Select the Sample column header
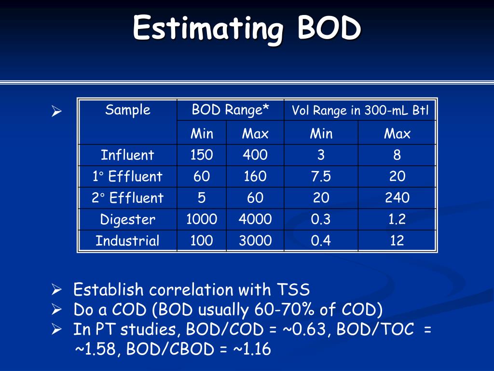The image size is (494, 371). point(128,110)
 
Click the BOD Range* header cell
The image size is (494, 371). point(231,110)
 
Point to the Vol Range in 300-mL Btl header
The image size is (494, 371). point(360,111)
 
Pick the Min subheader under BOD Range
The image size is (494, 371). point(202,134)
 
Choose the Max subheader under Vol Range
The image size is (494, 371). point(397,134)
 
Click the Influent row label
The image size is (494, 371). point(127,155)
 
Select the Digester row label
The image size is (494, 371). point(127,220)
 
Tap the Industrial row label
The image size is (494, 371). point(127,241)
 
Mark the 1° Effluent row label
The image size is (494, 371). point(127,176)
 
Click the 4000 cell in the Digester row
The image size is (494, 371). point(255,220)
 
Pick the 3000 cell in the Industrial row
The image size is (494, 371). point(255,241)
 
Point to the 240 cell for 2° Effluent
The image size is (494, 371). point(397,198)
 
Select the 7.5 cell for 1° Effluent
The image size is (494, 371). point(321,176)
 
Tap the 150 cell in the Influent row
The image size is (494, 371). point(202,155)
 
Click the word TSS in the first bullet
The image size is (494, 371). point(293,290)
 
